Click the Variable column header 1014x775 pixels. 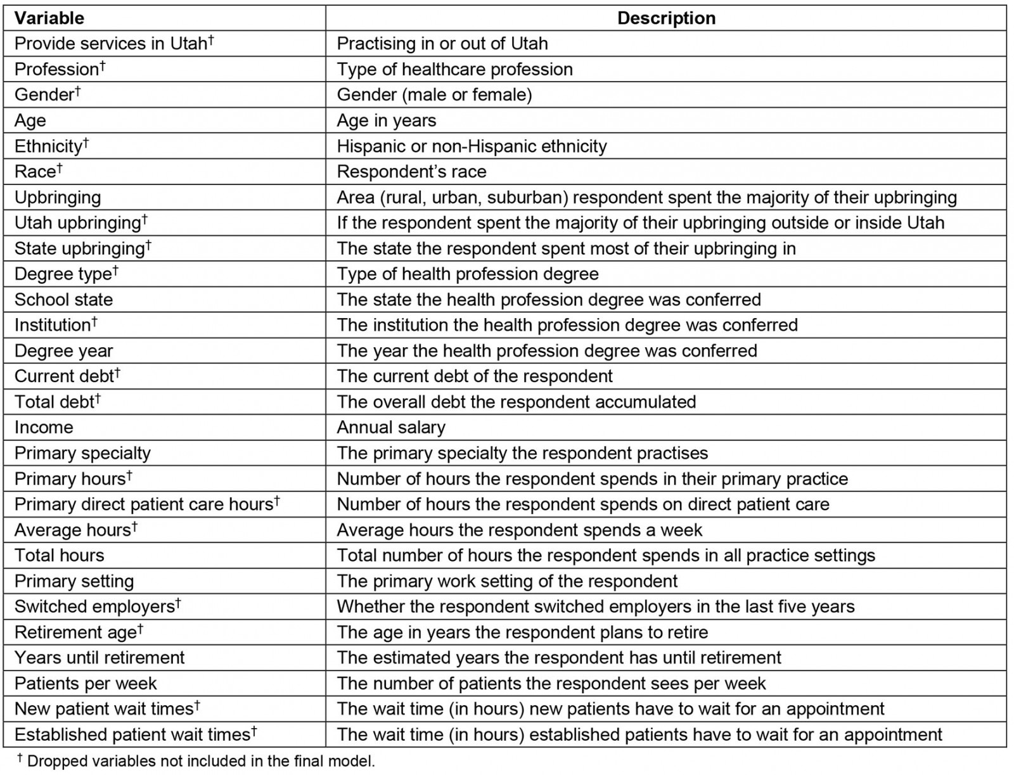point(49,18)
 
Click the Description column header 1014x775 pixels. point(666,18)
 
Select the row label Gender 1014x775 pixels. point(44,94)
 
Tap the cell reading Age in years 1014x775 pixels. point(386,120)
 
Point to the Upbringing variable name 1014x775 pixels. point(58,197)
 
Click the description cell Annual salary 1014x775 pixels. point(390,427)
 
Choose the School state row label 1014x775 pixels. point(63,299)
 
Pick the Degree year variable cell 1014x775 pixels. point(63,350)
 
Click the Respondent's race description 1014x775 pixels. point(411,171)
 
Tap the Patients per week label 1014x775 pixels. point(85,683)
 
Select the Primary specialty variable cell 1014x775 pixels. point(82,453)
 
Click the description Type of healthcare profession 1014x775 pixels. point(454,69)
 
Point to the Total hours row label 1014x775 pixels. point(59,555)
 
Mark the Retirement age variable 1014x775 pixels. point(75,632)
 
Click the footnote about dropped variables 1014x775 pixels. point(196,760)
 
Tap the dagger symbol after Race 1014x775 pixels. point(60,168)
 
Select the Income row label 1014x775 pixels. point(44,427)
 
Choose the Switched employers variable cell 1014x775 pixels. point(94,606)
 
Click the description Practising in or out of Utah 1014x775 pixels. point(442,43)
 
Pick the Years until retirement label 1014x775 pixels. point(99,657)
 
